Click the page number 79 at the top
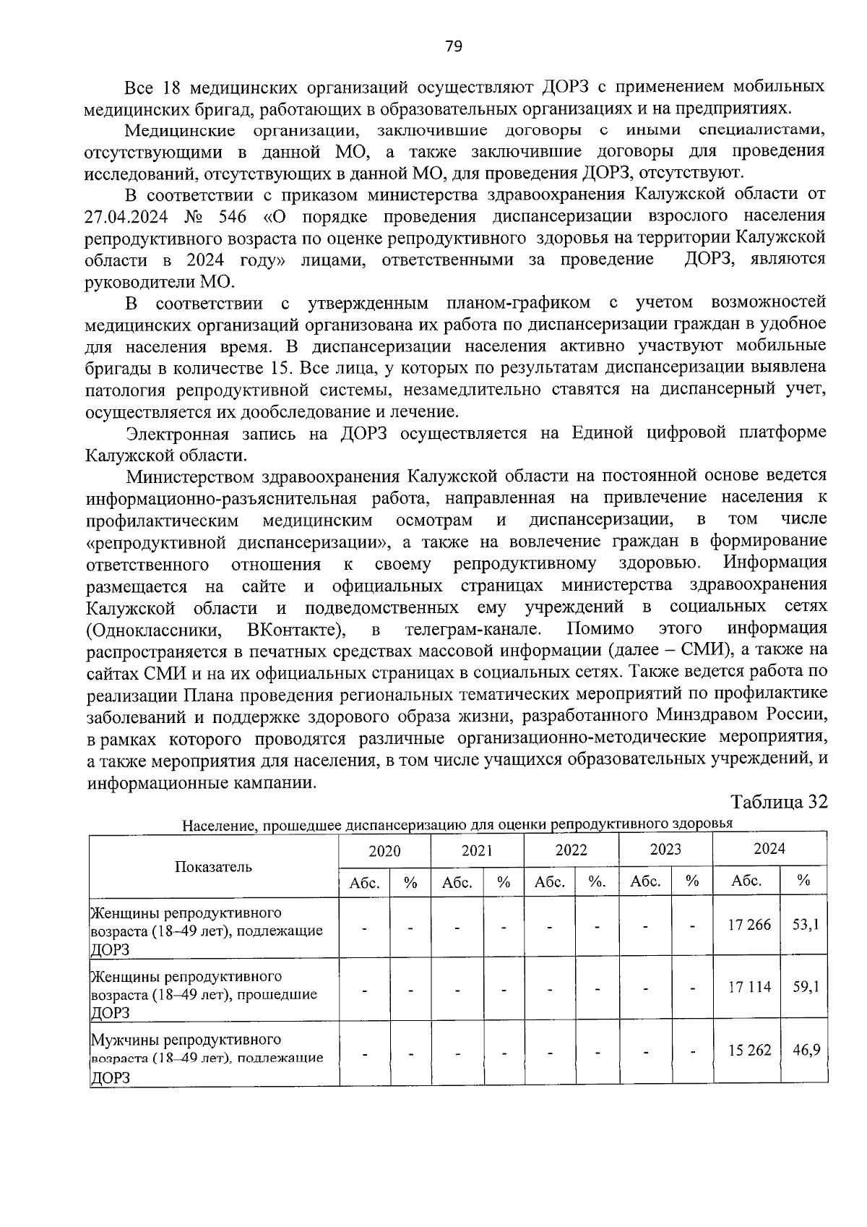[453, 47]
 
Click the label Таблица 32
[778, 803]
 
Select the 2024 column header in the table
[769, 849]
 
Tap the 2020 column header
[384, 850]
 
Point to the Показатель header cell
[213, 866]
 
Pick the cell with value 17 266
[749, 924]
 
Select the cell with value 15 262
[749, 1050]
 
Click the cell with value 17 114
[749, 986]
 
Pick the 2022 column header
[571, 850]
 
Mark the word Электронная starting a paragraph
[177, 434]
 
